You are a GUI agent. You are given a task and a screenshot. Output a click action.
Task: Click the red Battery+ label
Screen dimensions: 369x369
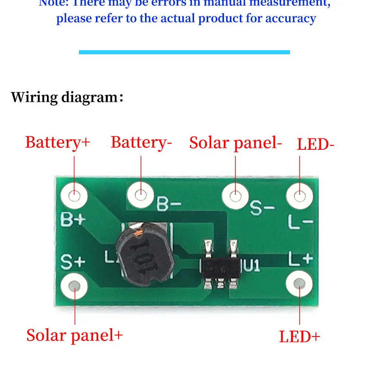[x=58, y=142]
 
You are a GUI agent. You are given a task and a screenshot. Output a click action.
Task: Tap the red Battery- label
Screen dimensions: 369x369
[x=141, y=142]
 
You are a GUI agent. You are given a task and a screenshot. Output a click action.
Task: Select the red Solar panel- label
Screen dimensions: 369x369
[x=235, y=143]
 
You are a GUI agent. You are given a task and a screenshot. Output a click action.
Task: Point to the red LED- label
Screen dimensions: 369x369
[x=315, y=144]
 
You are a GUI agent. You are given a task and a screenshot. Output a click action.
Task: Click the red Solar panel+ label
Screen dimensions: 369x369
[x=74, y=335]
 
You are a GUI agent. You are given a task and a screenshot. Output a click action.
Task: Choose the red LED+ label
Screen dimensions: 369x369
[x=300, y=337]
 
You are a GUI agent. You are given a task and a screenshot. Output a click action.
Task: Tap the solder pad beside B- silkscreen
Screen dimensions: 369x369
[x=140, y=193]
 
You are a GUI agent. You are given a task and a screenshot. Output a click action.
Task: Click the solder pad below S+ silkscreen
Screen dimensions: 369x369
[x=75, y=285]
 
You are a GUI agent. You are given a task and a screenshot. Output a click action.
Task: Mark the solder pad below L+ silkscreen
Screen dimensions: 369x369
[x=300, y=283]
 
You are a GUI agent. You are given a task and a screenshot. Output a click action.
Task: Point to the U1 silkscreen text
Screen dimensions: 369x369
[x=252, y=265]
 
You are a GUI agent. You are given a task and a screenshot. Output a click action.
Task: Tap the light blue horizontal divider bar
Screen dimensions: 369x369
[x=184, y=52]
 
